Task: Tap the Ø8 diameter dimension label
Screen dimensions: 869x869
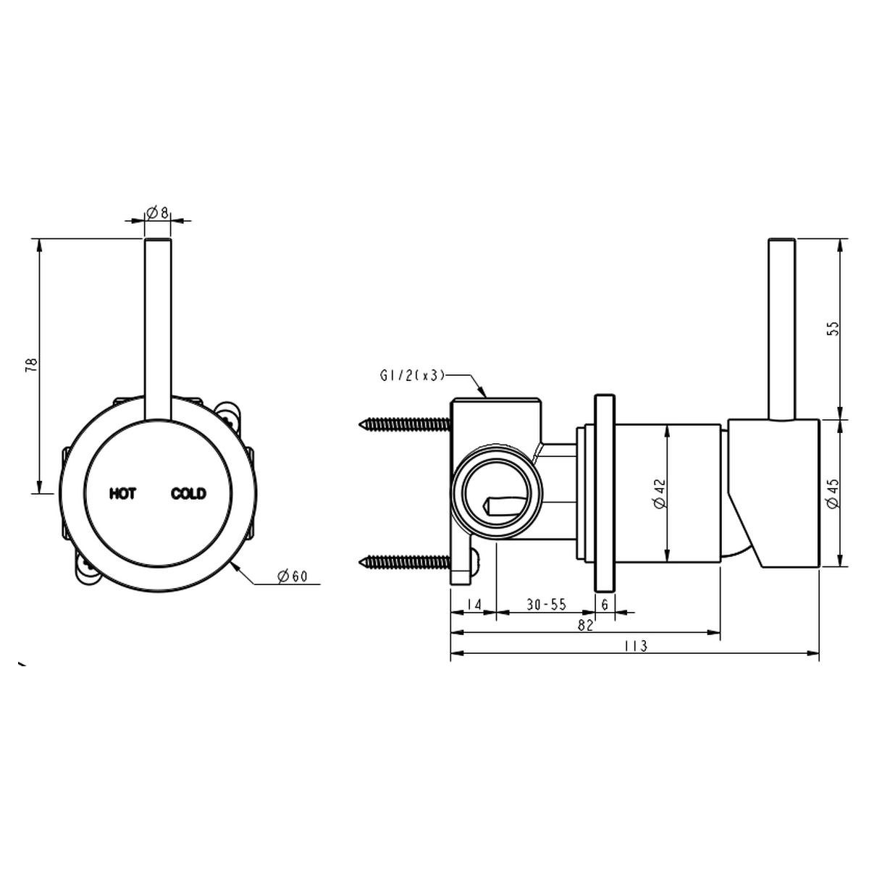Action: click(157, 211)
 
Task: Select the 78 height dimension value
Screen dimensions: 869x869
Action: click(32, 365)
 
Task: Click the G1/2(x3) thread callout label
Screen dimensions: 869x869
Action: click(413, 376)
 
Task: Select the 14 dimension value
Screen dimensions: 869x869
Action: click(474, 604)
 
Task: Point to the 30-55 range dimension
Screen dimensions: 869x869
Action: click(546, 604)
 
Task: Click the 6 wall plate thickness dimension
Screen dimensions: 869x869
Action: click(605, 604)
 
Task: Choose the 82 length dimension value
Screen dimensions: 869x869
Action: click(585, 626)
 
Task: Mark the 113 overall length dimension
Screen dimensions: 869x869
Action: click(636, 646)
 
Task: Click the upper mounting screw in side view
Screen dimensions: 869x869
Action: click(405, 424)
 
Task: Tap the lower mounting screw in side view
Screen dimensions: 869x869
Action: click(405, 561)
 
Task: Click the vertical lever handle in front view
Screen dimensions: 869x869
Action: click(158, 330)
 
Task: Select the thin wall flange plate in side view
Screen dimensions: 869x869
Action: click(605, 493)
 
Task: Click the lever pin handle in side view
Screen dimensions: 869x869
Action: click(781, 329)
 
